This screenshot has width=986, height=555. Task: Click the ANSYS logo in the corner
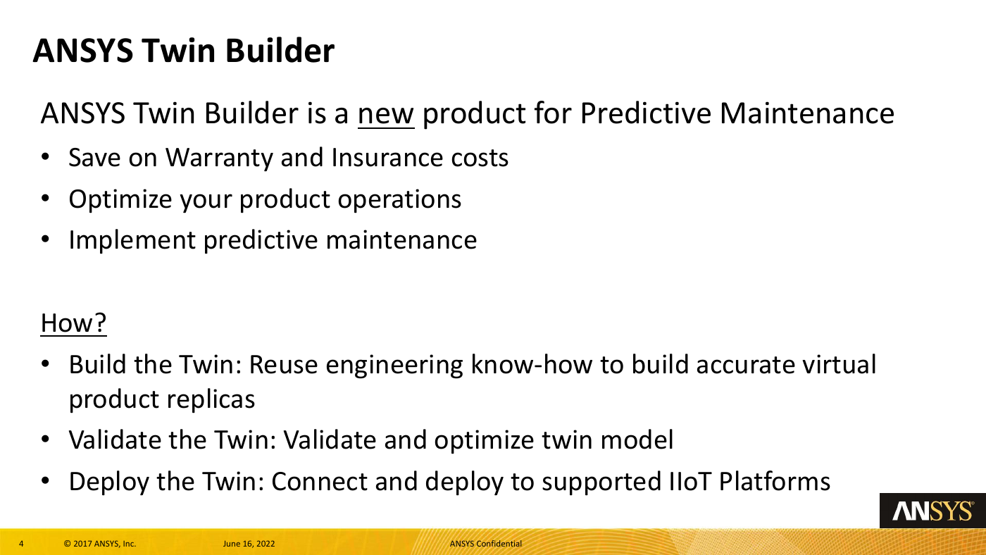point(932,511)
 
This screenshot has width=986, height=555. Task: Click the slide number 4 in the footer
point(21,544)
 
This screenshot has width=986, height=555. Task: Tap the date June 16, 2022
point(249,544)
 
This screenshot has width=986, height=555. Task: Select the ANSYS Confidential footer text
point(485,544)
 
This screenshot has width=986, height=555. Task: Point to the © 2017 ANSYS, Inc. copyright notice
point(100,544)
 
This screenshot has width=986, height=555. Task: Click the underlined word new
point(386,114)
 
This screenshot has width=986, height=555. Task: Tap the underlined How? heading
point(73,323)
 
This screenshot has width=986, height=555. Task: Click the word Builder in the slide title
point(280,51)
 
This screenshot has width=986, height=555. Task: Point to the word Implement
point(132,241)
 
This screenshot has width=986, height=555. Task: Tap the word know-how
point(532,365)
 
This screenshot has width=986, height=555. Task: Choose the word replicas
point(211,399)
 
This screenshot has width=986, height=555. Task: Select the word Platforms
point(775,481)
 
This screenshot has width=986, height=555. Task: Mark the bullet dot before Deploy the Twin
point(45,481)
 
